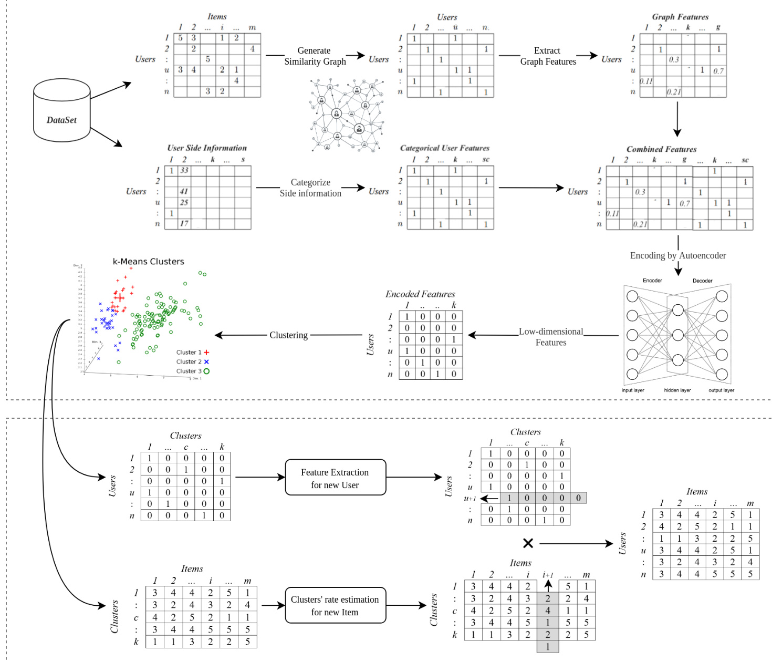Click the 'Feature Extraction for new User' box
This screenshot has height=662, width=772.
pos(335,478)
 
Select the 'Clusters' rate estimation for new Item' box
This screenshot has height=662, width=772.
pos(335,605)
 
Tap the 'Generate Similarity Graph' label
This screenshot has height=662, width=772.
pos(315,56)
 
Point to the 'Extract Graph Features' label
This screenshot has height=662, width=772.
pos(548,56)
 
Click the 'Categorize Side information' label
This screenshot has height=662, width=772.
pos(310,188)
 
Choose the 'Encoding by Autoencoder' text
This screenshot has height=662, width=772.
pos(677,255)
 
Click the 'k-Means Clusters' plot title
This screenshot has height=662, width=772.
pos(149,262)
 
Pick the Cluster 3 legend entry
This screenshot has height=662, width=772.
pos(193,371)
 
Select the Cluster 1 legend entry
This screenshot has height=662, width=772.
pos(193,352)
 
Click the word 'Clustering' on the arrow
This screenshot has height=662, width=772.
pos(288,335)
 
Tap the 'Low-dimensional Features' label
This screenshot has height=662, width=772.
pos(551,337)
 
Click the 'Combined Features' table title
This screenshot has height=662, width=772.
pos(661,149)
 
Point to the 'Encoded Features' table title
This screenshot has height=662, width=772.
pos(420,294)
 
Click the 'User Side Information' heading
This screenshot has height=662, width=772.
pos(207,148)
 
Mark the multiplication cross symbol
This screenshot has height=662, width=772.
pos(528,543)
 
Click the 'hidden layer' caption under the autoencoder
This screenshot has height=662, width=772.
pos(677,390)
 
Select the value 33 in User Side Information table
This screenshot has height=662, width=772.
pos(184,170)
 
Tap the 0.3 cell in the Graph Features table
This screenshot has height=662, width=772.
pos(674,60)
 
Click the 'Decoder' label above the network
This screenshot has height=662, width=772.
pos(702,281)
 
